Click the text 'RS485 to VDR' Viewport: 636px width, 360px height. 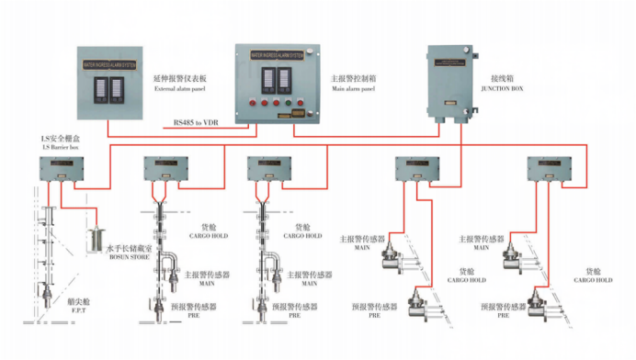pyautogui.click(x=197, y=122)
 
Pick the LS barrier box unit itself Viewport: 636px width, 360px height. pyautogui.click(x=57, y=169)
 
